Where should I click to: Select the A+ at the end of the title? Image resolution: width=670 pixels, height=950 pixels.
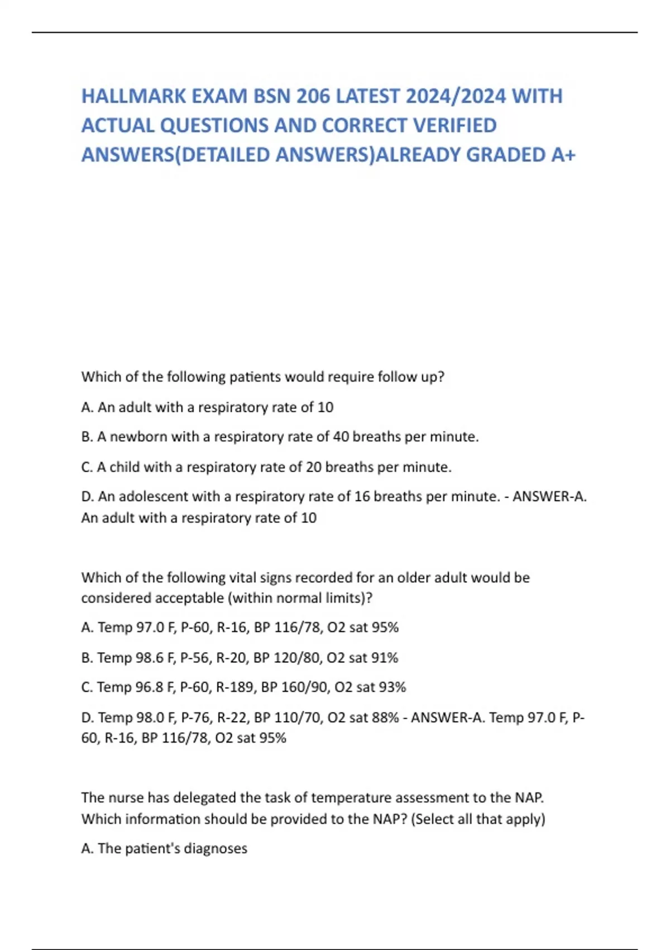pyautogui.click(x=563, y=154)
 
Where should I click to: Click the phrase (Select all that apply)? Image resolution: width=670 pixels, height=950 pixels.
pyautogui.click(x=478, y=819)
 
